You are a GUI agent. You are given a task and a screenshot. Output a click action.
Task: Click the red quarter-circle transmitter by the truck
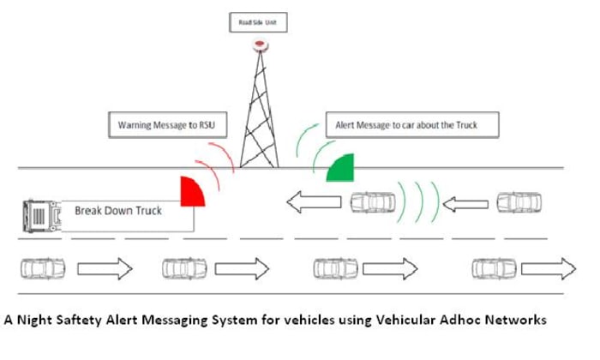(x=193, y=192)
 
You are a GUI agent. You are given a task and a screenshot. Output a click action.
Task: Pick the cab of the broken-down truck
(x=38, y=213)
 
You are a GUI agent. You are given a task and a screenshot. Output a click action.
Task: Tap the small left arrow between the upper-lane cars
(x=468, y=203)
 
